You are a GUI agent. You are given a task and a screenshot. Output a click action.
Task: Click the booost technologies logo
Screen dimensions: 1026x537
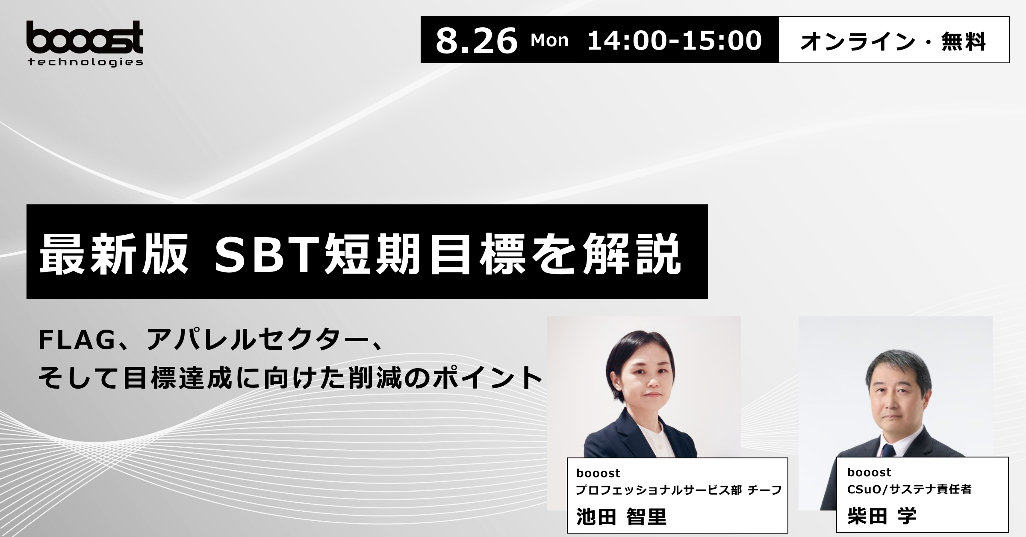click(85, 44)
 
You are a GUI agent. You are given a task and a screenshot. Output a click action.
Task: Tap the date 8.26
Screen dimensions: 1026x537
click(476, 41)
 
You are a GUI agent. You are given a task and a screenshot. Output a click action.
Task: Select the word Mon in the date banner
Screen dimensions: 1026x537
click(549, 41)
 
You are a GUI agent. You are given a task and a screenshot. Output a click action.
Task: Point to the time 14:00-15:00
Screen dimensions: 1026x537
click(675, 41)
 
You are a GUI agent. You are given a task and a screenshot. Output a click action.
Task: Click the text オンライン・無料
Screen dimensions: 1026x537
click(893, 41)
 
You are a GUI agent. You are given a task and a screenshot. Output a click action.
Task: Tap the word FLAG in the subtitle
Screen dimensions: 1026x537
click(77, 340)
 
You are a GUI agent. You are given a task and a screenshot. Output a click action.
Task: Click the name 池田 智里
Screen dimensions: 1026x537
click(621, 516)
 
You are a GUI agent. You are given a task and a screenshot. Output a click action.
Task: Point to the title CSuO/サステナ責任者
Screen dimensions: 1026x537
click(909, 489)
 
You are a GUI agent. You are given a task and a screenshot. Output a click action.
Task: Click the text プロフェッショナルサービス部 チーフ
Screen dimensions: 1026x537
click(678, 490)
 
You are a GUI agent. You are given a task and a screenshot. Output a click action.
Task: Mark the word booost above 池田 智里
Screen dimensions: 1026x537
click(598, 473)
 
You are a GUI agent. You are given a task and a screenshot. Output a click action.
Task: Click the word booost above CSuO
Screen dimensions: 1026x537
click(869, 472)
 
